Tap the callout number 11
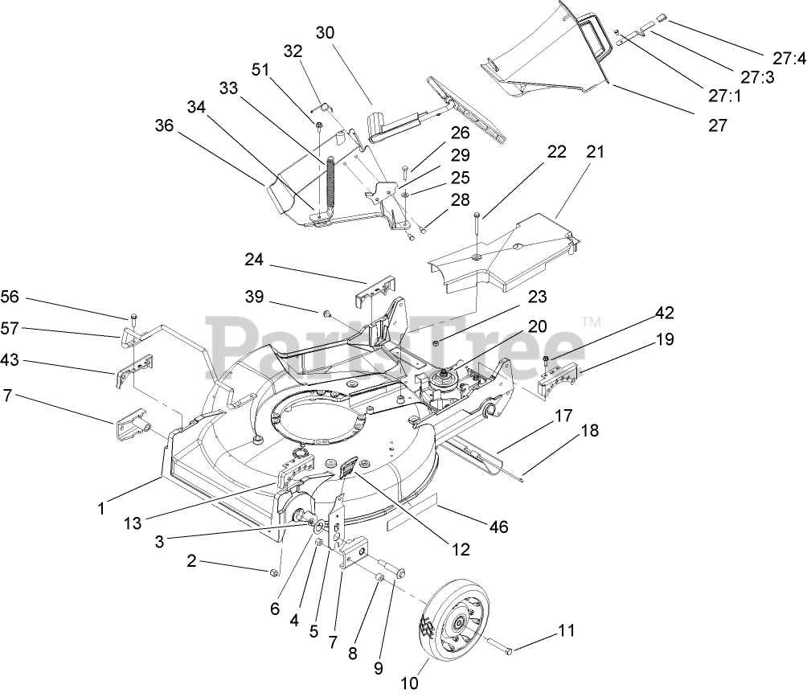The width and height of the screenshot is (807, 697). [567, 631]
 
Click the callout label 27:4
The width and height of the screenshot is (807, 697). [789, 58]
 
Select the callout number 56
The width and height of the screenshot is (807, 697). [10, 297]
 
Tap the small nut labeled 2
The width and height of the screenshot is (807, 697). [273, 572]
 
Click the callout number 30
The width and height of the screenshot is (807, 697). [325, 33]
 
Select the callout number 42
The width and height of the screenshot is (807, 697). [665, 312]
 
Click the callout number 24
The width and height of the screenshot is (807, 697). [254, 260]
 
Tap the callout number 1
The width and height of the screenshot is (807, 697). [101, 508]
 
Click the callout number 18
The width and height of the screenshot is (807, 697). [589, 431]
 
